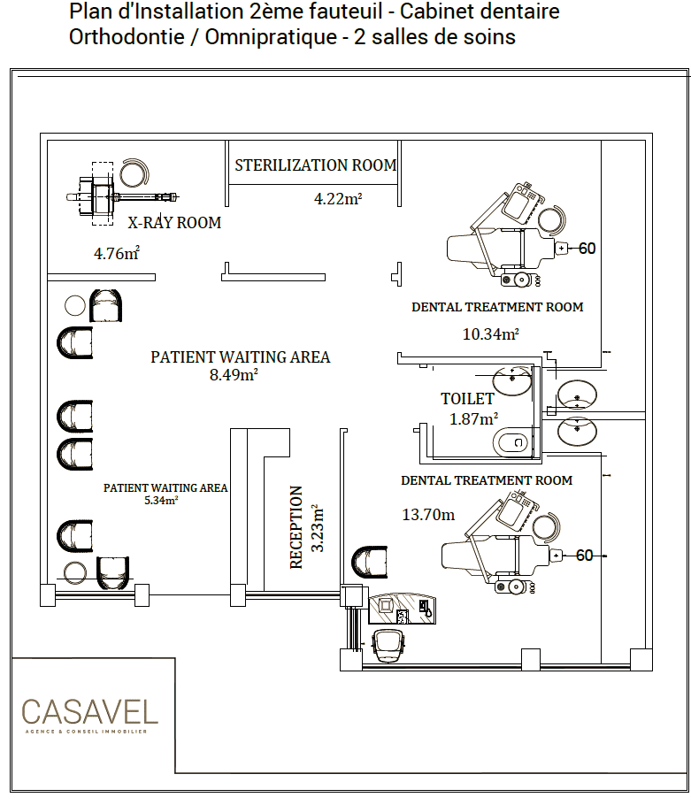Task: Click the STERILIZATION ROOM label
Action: click(316, 165)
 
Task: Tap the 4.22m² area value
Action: click(338, 199)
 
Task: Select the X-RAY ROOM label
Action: click(174, 222)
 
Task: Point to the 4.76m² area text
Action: click(117, 253)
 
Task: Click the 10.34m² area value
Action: click(491, 334)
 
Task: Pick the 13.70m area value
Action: click(428, 515)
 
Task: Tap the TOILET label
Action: click(467, 399)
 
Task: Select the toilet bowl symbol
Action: click(511, 441)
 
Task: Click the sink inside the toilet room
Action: click(511, 380)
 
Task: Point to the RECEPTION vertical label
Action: click(296, 527)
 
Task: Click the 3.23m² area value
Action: click(318, 528)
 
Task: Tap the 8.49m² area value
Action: click(234, 375)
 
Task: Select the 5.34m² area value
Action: click(161, 501)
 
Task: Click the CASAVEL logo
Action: click(89, 715)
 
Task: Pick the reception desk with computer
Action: click(403, 609)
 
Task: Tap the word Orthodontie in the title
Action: click(127, 37)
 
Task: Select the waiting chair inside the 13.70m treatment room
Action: click(369, 562)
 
